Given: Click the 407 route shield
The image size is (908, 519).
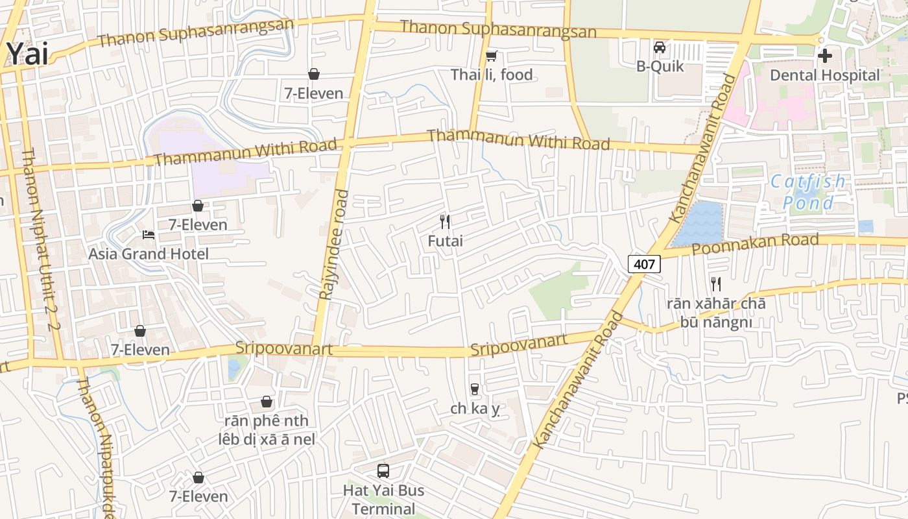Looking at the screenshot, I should coord(644,264).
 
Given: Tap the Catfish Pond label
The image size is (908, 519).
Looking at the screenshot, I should coord(808,192).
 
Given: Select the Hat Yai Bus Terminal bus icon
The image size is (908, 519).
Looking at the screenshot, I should coord(383,470).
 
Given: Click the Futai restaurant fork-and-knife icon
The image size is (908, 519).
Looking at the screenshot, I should coord(445,222).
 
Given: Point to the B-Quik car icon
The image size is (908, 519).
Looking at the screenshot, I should coord(659,47).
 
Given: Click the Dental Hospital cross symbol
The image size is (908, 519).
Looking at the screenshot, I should coord(824,56).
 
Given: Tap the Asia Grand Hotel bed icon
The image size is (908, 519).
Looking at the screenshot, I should coord(149,234).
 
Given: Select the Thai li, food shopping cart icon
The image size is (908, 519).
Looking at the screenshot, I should coord(492,56).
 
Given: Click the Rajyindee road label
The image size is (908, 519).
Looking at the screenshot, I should coord(333,245).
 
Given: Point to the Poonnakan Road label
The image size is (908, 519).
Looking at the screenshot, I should coord(755,245).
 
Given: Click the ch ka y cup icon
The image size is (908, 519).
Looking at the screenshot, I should coord(475,389).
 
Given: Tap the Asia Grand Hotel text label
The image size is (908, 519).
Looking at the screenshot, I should coord(149,254).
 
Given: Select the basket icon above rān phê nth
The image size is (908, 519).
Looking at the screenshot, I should coord(266,402).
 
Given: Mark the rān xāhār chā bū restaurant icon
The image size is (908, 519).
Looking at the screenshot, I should coord(715,284).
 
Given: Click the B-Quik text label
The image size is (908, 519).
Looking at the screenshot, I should coord(659,66).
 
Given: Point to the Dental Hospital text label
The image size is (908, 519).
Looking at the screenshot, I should coord(824,75).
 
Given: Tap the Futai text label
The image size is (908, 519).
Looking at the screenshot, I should coord(445,241).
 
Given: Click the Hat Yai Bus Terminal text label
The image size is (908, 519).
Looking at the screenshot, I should coord(383,499).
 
